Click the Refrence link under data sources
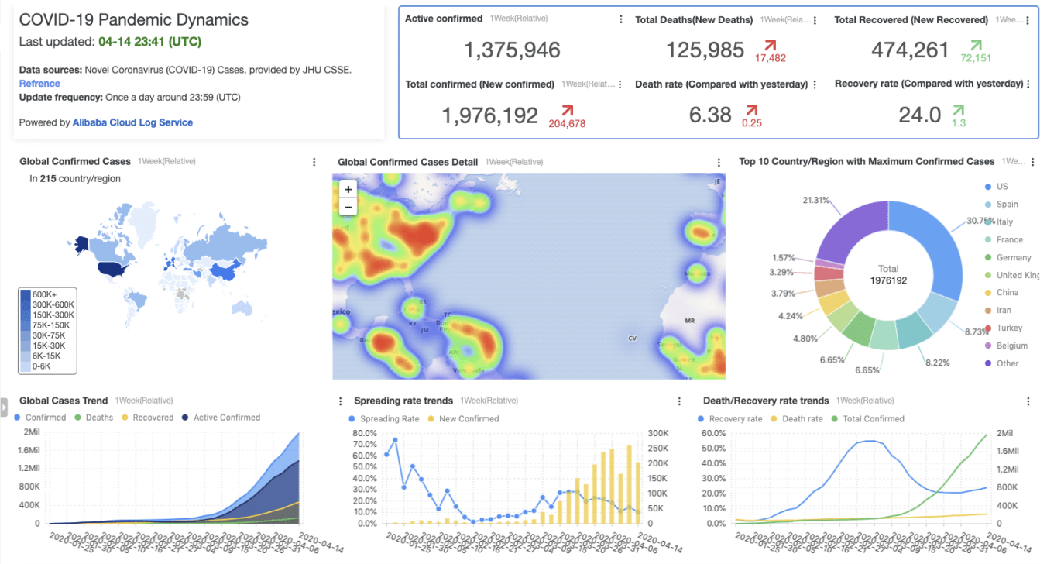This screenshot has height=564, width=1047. (x=39, y=84)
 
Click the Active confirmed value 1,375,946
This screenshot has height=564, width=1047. (x=512, y=51)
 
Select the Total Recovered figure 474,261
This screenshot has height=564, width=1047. (x=909, y=50)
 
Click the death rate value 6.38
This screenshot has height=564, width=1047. (x=710, y=115)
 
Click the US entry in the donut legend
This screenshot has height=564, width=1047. (x=1002, y=187)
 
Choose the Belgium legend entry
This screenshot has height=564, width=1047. (x=1011, y=346)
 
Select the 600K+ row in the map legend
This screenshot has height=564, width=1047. (x=44, y=294)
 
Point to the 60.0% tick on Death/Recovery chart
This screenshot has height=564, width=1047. (x=714, y=432)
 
